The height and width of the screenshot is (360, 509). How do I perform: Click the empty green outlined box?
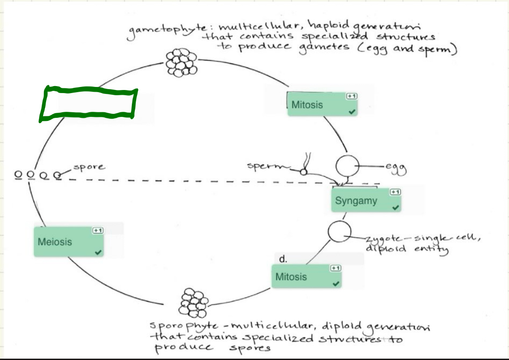[88, 104]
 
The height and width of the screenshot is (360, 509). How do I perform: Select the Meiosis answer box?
[69, 241]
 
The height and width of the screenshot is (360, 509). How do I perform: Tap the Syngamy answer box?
[366, 201]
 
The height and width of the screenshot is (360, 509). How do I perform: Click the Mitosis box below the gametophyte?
[322, 104]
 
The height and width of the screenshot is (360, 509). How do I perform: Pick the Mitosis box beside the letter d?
[307, 277]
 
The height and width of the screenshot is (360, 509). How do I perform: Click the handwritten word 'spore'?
[89, 167]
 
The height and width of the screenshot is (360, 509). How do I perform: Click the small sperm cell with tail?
[304, 172]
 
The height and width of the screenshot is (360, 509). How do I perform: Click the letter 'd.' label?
[283, 259]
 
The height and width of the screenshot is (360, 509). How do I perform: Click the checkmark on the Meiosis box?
[98, 252]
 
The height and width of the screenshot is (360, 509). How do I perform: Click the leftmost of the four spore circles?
[18, 175]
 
